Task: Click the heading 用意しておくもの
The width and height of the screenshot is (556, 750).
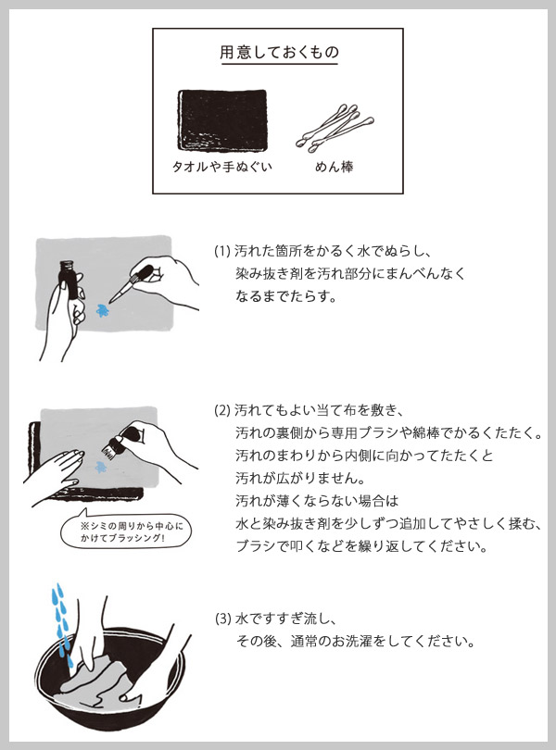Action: coord(279,52)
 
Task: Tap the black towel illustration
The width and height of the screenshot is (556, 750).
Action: coord(222,120)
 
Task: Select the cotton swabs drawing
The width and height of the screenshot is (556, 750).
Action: coord(335,128)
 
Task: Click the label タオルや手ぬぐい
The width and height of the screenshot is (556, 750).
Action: coord(221,167)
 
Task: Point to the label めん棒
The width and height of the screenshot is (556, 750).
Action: coord(335,167)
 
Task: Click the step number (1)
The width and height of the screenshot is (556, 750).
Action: coord(222,251)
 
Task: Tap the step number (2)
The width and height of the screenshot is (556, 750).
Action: coord(222,410)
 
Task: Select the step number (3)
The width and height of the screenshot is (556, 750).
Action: coord(223,619)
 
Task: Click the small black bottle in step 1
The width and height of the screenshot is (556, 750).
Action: coord(68,280)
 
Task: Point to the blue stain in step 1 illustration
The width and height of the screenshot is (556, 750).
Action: coord(103,310)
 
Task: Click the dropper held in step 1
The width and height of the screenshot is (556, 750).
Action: coord(131,283)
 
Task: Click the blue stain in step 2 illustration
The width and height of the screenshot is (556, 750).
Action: coord(100,467)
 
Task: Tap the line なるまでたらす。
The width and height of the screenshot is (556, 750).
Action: coord(286,296)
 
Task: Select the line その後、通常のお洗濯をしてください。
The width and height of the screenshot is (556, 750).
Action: coord(355,641)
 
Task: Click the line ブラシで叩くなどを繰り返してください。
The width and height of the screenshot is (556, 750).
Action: coord(361,546)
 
